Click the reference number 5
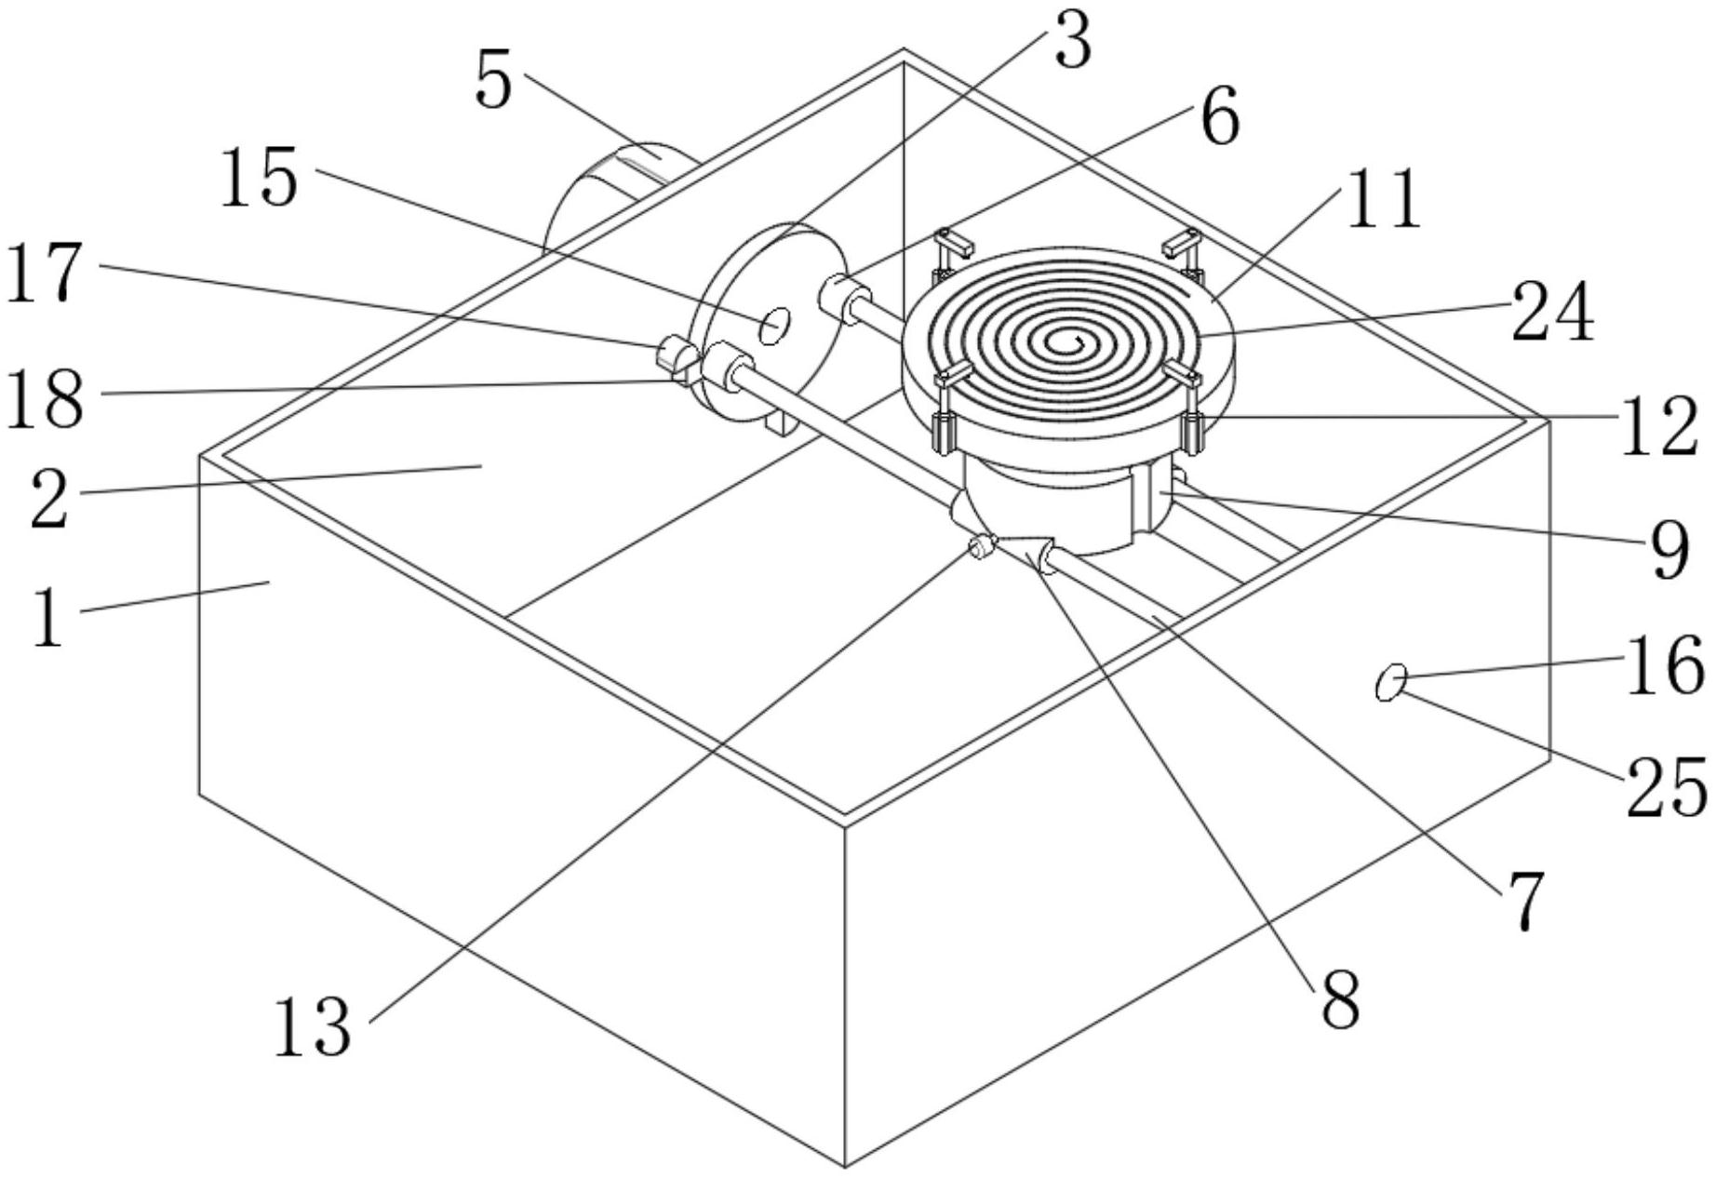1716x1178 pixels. (494, 82)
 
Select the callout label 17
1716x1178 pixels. (45, 272)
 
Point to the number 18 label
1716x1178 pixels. (45, 398)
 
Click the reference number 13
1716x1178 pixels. (314, 1027)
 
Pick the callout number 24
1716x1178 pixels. (1552, 312)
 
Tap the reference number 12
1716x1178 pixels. (1659, 426)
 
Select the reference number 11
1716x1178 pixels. (1384, 198)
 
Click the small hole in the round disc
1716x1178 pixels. (774, 326)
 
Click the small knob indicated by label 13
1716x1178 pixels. (980, 548)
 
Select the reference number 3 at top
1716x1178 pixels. (1073, 41)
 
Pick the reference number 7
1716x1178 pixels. (1523, 900)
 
